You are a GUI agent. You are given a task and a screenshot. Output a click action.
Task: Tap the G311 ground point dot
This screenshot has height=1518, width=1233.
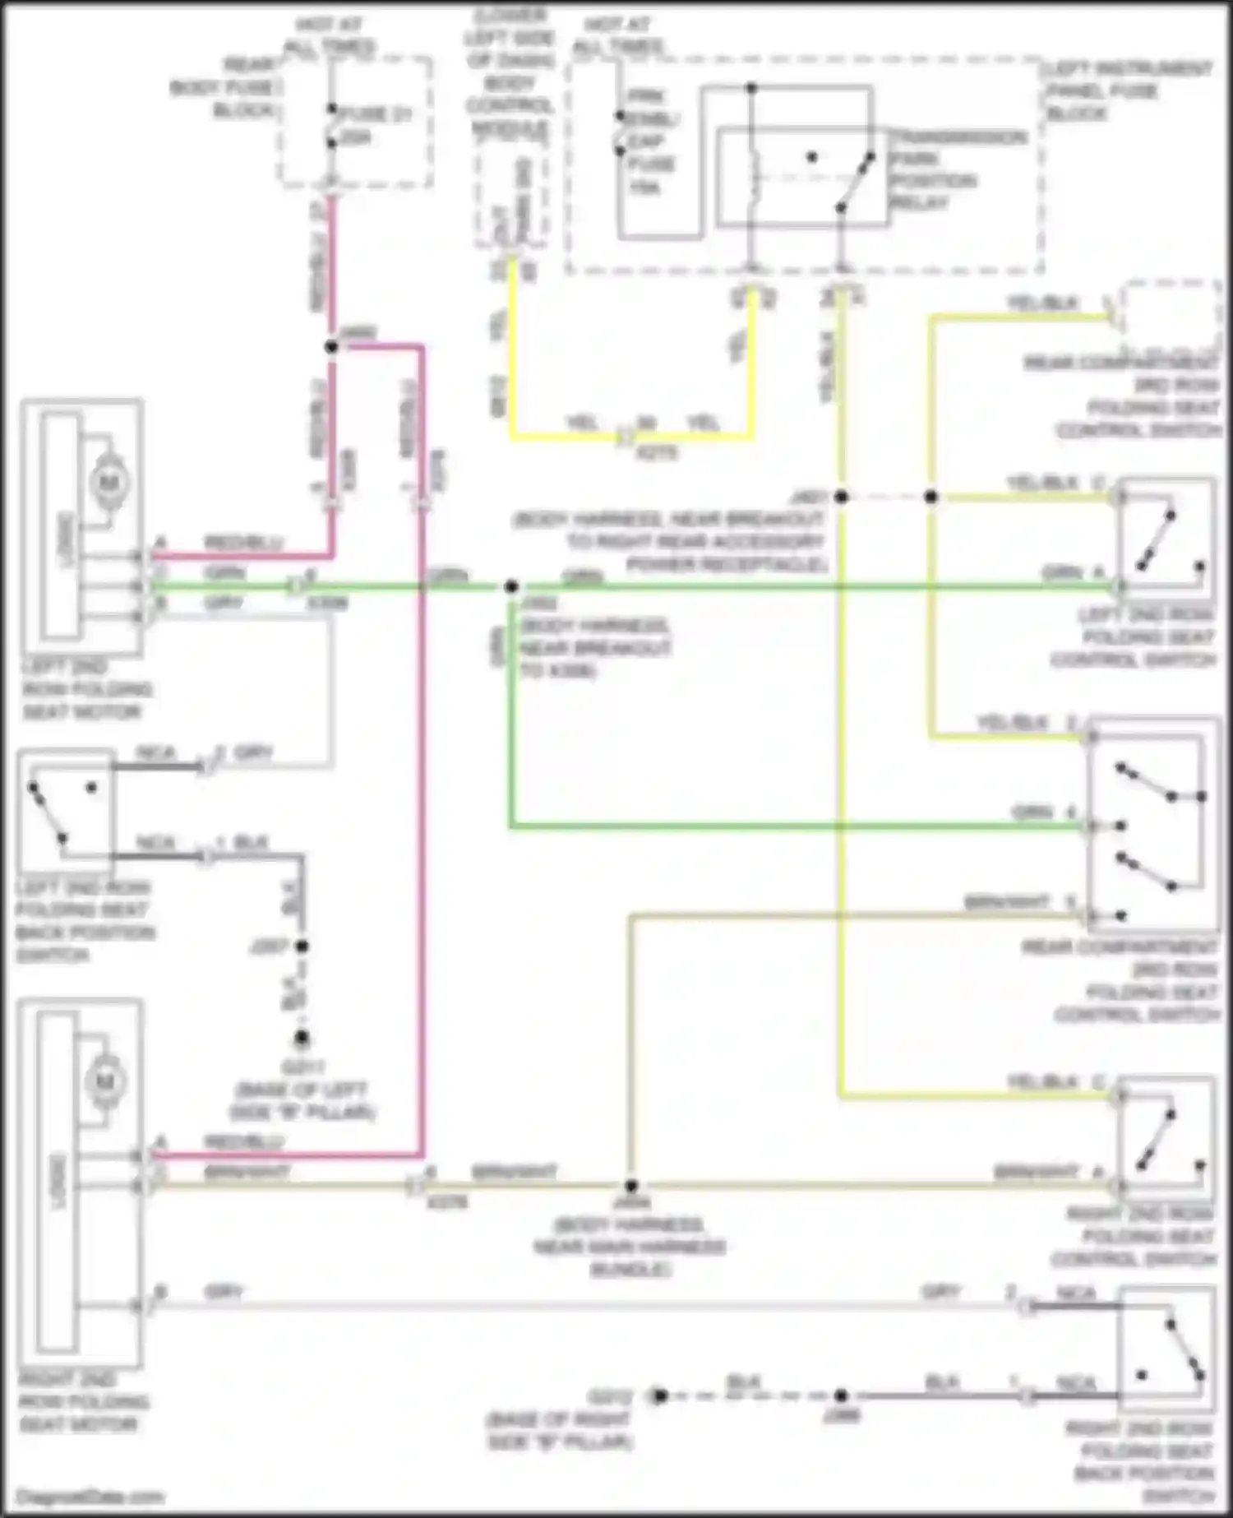[302, 1038]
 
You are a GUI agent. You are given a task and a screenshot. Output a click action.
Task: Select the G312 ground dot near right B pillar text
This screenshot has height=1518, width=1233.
[658, 1395]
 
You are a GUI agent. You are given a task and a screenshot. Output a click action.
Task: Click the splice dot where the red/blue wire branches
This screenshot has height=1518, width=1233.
[331, 348]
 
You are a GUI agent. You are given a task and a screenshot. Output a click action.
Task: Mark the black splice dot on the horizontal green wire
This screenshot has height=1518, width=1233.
[511, 587]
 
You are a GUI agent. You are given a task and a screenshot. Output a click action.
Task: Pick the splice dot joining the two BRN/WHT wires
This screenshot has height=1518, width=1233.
[630, 1186]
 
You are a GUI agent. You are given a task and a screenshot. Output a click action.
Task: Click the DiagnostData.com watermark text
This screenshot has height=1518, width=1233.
[89, 1497]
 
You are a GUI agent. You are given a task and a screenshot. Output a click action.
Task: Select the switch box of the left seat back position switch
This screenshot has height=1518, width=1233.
[66, 810]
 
